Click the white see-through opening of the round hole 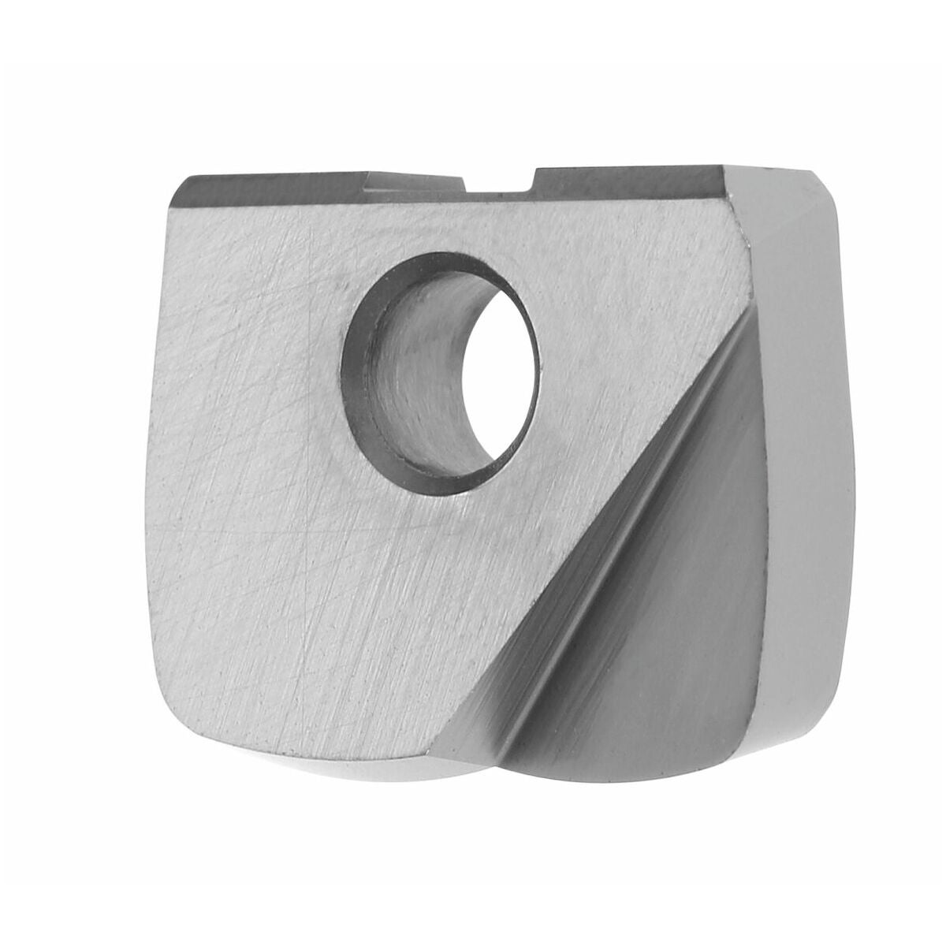pyautogui.click(x=505, y=371)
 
